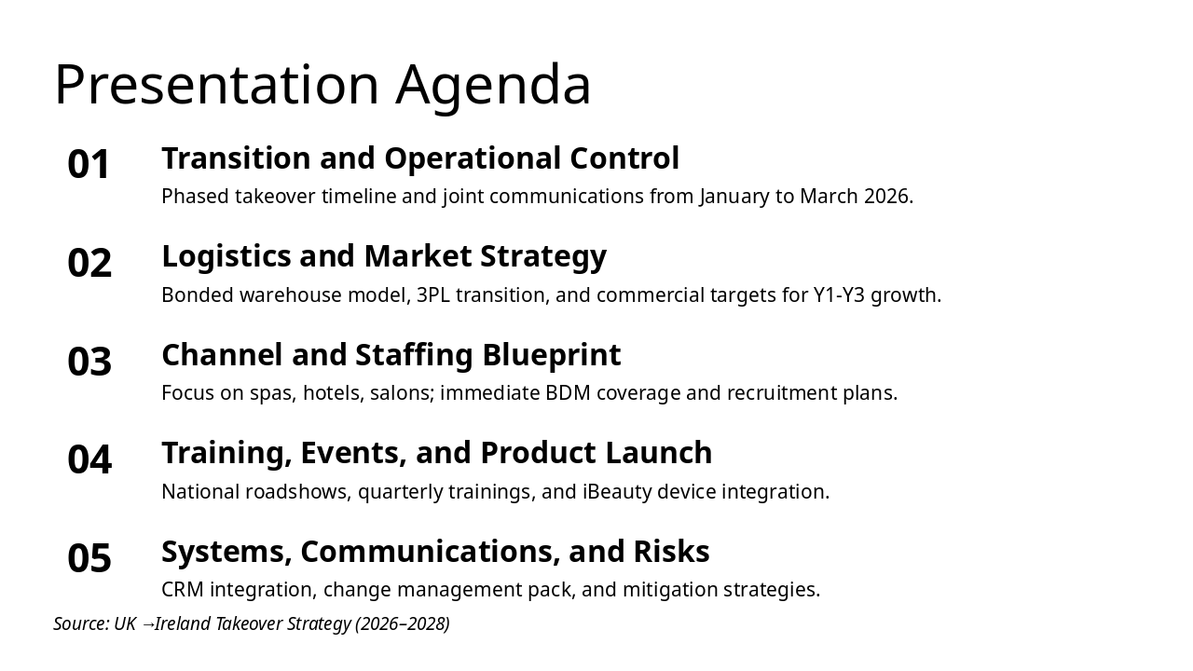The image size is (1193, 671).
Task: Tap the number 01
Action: coord(89,164)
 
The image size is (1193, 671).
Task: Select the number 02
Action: coord(89,263)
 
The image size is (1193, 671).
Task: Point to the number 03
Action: coord(89,361)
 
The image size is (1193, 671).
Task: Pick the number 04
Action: coord(89,459)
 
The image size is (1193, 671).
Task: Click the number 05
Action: coord(89,557)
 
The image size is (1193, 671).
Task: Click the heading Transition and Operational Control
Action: coord(420,158)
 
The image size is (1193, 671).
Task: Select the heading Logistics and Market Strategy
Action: coord(384,257)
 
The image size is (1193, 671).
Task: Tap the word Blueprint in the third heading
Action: coord(552,355)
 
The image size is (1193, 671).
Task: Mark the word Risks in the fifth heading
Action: coord(672,551)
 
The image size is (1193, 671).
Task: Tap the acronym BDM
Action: coord(568,393)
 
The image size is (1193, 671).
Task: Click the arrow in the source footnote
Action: coord(147,624)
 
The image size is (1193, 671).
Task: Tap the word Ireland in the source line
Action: coord(183,623)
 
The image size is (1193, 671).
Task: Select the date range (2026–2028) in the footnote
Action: coord(403,624)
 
